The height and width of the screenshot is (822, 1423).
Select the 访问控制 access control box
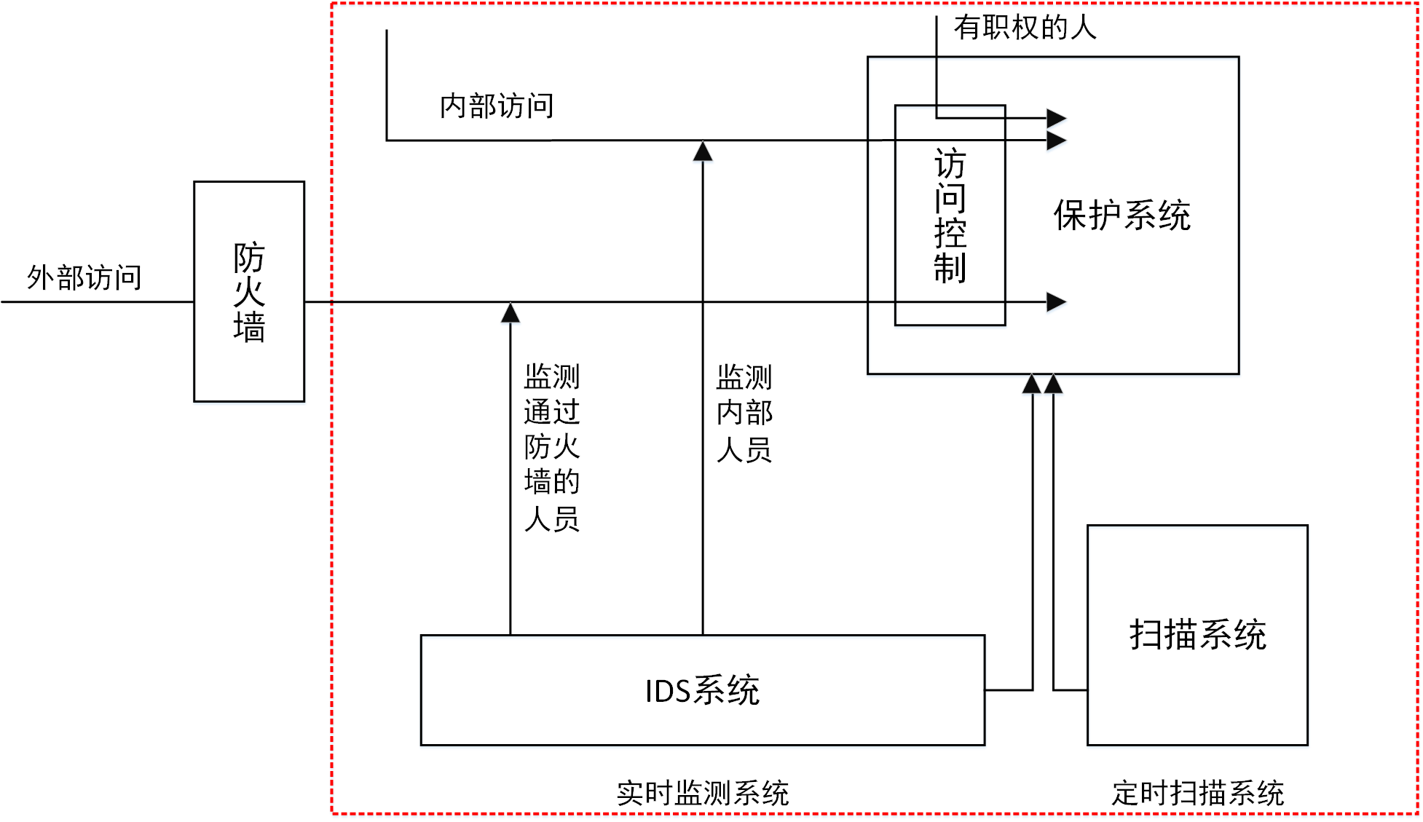click(950, 216)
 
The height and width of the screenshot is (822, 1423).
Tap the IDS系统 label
click(702, 690)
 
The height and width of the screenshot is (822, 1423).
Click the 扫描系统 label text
click(1197, 634)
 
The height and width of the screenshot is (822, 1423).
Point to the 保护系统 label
click(1122, 216)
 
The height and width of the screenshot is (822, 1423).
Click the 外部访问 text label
click(84, 277)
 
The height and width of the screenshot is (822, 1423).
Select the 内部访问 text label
click(497, 106)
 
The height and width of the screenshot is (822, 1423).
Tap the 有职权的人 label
click(1025, 28)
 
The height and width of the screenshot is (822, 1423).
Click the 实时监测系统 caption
click(702, 793)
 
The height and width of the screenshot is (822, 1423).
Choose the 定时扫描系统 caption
click(1197, 793)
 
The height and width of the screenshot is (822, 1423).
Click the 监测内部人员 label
click(744, 413)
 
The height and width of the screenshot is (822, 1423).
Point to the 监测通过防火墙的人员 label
click(552, 447)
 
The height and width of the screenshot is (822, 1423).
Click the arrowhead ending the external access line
click(1057, 301)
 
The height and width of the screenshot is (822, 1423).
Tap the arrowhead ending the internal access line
click(1057, 140)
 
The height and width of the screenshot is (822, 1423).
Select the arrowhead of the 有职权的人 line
click(1057, 118)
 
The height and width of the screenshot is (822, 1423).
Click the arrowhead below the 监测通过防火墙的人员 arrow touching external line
click(511, 313)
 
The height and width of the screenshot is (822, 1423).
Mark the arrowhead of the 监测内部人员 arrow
click(703, 151)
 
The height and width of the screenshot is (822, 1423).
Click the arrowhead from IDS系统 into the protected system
click(1032, 384)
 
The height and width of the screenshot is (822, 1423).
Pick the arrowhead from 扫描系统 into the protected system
click(1053, 384)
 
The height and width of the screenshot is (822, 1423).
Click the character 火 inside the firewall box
click(249, 292)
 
